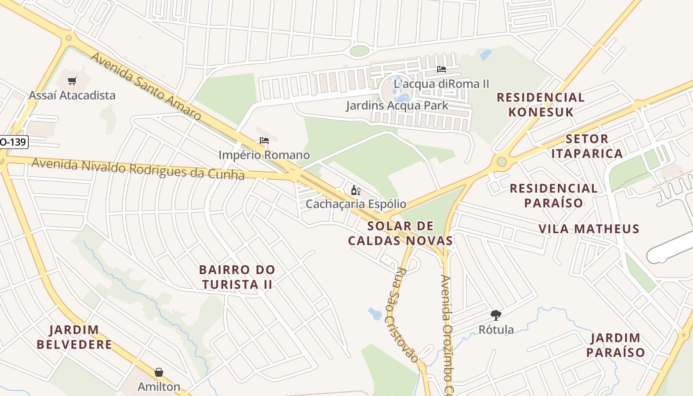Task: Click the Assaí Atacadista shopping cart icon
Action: click(x=73, y=81)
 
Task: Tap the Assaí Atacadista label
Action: click(x=72, y=95)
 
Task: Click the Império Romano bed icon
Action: click(x=264, y=141)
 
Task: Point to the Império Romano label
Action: click(x=264, y=155)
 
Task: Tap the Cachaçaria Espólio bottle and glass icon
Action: click(x=355, y=190)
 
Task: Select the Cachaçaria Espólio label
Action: click(x=356, y=204)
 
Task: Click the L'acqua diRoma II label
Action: click(x=441, y=84)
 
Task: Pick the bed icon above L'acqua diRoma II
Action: click(x=442, y=69)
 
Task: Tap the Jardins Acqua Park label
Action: click(x=397, y=105)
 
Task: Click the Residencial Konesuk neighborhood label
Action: click(x=541, y=104)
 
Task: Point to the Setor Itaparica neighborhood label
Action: click(x=587, y=146)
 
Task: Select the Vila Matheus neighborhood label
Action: click(x=589, y=229)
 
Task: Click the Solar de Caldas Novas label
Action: click(x=400, y=234)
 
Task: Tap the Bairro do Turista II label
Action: click(x=237, y=277)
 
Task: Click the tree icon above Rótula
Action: click(x=495, y=315)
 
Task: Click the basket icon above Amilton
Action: click(x=159, y=372)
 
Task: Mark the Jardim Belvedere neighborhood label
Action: click(x=74, y=337)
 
